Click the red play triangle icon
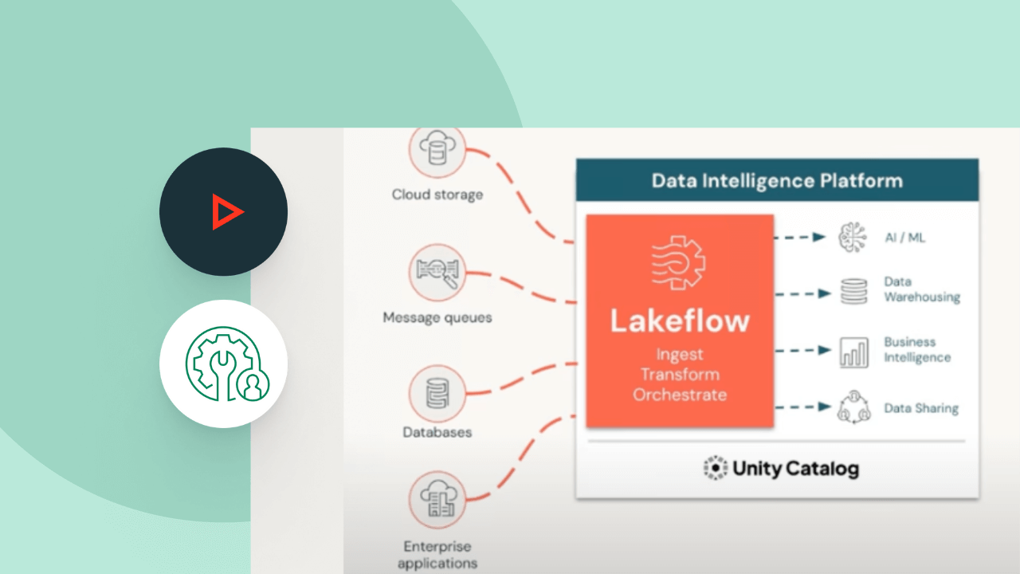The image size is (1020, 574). (x=226, y=212)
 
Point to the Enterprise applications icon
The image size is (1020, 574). (x=437, y=501)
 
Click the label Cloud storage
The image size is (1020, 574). (x=437, y=195)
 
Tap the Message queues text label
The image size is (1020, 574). (x=437, y=317)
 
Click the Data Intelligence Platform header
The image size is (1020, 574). (x=777, y=180)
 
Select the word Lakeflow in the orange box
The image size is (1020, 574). (x=680, y=320)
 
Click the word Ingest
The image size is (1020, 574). (x=680, y=354)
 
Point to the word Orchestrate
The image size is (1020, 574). (x=680, y=394)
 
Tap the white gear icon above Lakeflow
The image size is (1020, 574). (x=680, y=262)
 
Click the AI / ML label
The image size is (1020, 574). (x=904, y=238)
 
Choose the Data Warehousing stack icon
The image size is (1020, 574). (x=853, y=292)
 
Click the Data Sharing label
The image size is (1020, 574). (x=920, y=408)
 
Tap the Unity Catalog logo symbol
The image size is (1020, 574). (x=716, y=468)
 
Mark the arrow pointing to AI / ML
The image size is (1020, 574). (x=818, y=237)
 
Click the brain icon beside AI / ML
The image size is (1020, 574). (x=853, y=238)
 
